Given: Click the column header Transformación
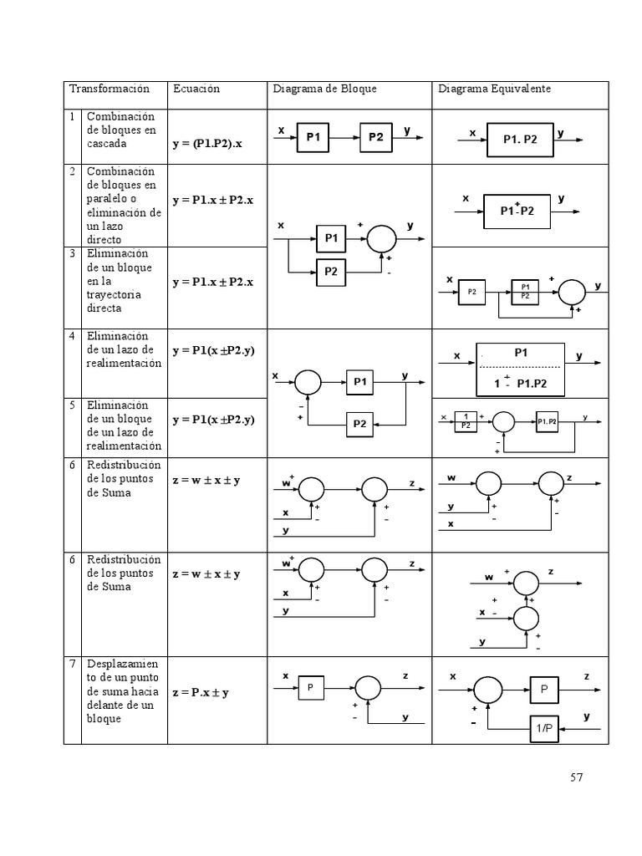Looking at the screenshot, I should [x=109, y=89].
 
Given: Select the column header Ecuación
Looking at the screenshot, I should [x=196, y=89].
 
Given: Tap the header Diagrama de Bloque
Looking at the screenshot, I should [x=324, y=89].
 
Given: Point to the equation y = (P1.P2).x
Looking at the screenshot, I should [x=213, y=144].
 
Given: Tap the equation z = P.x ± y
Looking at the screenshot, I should [x=201, y=692].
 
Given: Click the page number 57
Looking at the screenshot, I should [x=576, y=777].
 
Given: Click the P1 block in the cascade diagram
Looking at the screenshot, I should [x=314, y=138].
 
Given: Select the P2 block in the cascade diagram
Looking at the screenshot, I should [x=376, y=138].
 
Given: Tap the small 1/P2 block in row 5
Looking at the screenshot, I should [x=465, y=420].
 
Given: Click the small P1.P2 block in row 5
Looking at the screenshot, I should [x=548, y=420].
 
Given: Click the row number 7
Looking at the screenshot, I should [x=73, y=664].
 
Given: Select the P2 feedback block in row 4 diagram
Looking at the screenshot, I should [x=359, y=424].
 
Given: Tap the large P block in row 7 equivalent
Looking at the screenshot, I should [x=543, y=690].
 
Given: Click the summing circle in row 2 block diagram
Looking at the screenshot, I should [x=383, y=238].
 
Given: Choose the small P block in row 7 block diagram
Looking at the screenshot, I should [x=309, y=688].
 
